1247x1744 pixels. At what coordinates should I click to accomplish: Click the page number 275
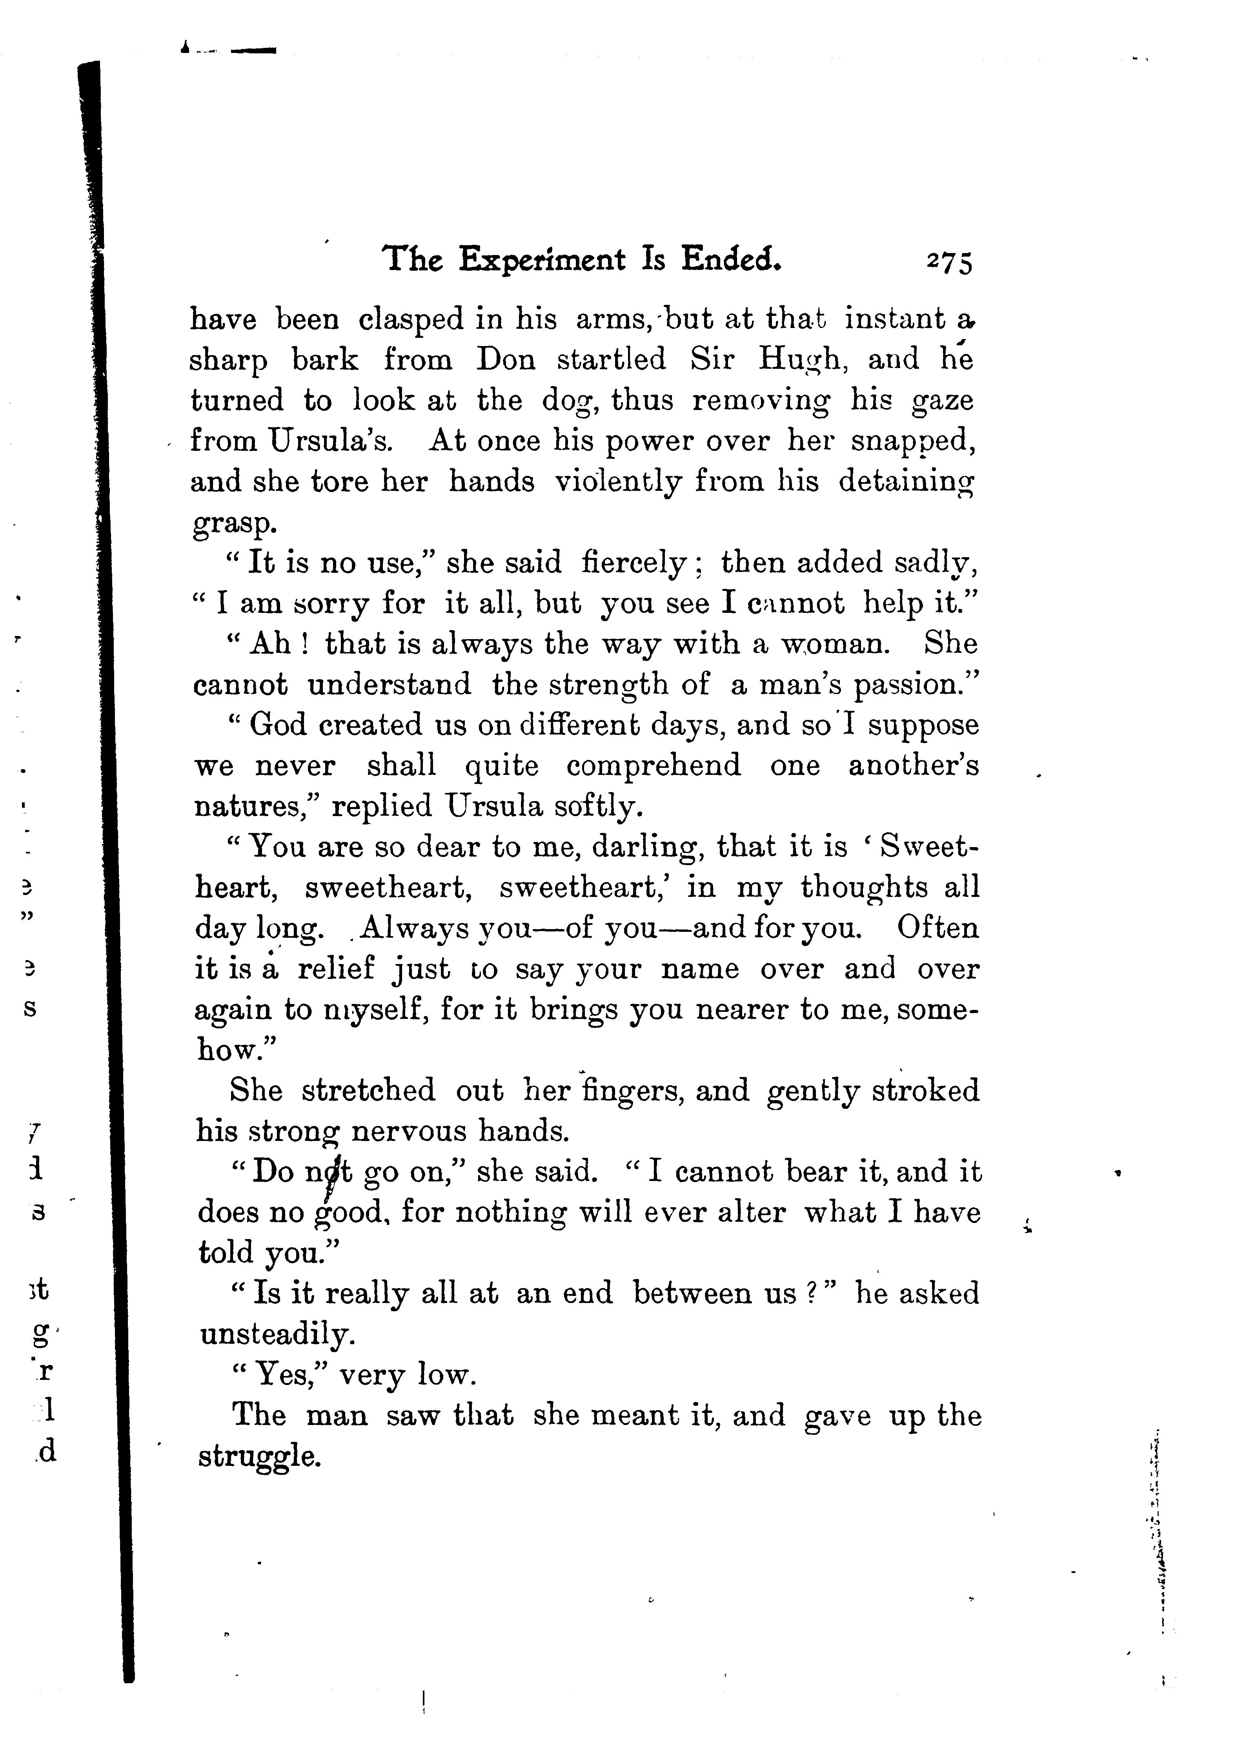[x=950, y=262]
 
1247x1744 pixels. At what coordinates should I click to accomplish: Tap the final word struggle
[x=258, y=1457]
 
